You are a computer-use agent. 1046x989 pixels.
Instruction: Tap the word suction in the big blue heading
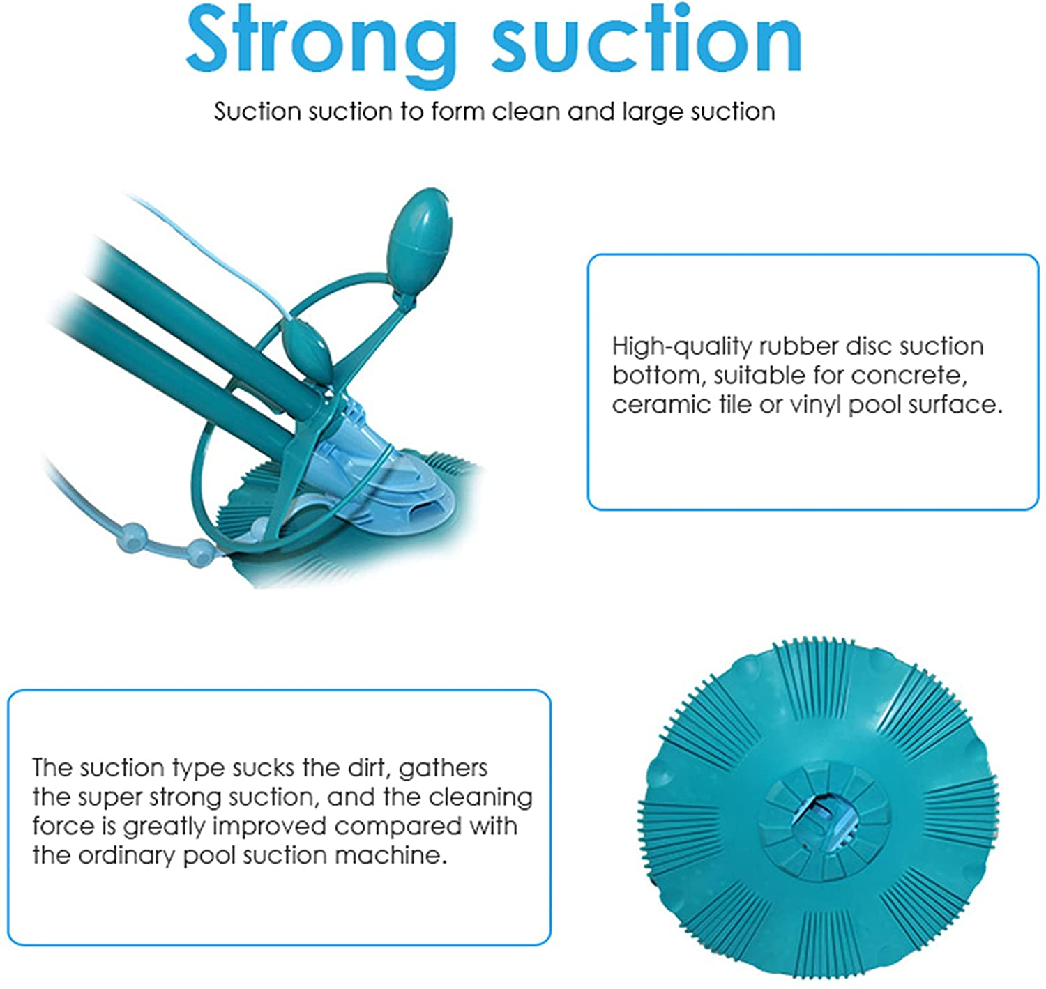click(x=646, y=39)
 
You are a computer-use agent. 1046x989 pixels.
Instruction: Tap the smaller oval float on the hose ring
click(x=307, y=348)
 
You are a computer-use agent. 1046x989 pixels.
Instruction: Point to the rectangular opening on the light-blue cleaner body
click(x=420, y=510)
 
